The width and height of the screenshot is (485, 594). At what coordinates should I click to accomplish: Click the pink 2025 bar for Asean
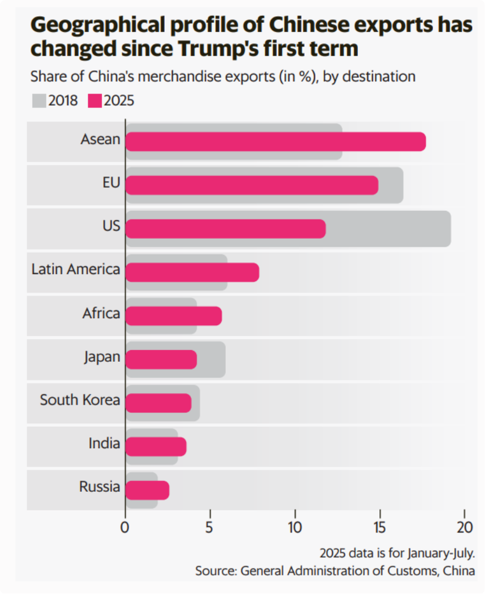click(276, 142)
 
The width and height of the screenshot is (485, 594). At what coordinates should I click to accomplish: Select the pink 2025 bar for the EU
click(252, 185)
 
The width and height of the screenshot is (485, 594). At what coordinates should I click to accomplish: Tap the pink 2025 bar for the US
click(226, 229)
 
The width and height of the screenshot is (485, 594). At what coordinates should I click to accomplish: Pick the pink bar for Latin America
click(192, 272)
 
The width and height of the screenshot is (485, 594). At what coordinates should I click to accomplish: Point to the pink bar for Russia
click(147, 490)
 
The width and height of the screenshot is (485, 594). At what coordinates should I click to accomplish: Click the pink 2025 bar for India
click(156, 447)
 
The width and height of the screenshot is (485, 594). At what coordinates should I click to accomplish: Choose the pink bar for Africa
click(173, 316)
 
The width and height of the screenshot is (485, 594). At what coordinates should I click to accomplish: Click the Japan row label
click(102, 357)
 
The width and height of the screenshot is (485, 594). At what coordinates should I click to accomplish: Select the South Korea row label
click(80, 400)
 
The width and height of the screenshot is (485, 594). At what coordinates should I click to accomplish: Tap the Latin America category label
click(75, 269)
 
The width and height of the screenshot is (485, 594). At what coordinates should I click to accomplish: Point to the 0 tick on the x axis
click(125, 528)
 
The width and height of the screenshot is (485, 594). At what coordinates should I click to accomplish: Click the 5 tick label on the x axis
click(210, 528)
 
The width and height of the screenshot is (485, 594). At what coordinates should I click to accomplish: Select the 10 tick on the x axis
click(295, 528)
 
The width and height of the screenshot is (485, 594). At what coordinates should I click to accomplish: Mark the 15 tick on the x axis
click(379, 528)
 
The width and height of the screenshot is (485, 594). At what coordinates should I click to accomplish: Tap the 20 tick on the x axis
click(465, 528)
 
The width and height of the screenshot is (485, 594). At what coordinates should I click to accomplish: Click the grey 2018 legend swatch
click(39, 100)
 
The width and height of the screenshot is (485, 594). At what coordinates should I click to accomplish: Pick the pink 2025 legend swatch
click(95, 100)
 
